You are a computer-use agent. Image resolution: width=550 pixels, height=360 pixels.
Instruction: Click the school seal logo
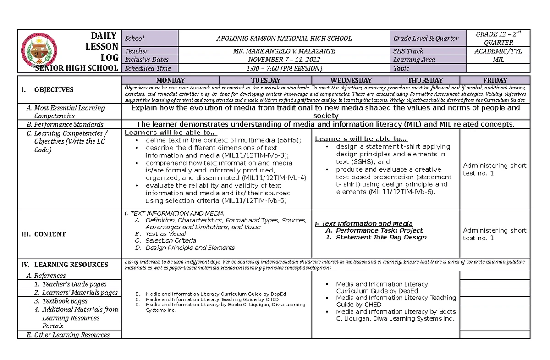(x=42, y=50)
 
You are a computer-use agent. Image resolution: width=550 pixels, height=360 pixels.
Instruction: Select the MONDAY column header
(x=170, y=80)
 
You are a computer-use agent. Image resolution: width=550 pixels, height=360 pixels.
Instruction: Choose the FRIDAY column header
(x=495, y=80)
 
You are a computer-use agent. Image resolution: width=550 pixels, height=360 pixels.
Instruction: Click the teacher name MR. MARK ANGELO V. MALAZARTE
(x=284, y=51)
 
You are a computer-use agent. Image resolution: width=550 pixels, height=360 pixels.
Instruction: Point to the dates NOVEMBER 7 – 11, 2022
(x=284, y=60)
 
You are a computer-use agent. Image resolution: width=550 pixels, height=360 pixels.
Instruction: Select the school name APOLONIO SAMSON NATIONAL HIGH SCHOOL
(x=284, y=39)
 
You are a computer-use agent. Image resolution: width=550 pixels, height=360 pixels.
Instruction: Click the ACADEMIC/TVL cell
(x=499, y=51)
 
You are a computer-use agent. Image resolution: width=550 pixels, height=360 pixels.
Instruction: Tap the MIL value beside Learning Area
(x=499, y=60)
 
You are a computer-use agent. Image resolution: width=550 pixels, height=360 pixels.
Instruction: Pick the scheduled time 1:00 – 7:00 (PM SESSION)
(x=284, y=68)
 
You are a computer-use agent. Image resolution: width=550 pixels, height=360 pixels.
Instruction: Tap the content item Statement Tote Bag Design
(x=381, y=238)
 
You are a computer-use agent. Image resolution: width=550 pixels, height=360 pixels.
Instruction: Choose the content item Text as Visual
(x=165, y=234)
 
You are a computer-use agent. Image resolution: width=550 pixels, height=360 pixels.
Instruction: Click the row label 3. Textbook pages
(x=65, y=301)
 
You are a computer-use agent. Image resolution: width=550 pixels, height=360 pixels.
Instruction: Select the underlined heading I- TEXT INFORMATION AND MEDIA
(x=174, y=214)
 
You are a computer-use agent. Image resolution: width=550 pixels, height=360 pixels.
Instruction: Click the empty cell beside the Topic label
(x=499, y=68)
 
